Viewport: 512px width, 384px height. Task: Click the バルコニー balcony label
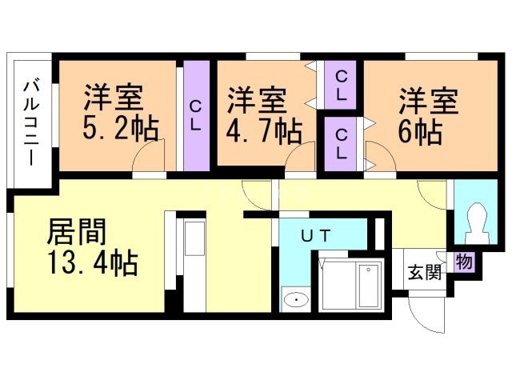click(x=32, y=123)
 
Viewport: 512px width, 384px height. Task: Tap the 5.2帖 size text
click(x=121, y=128)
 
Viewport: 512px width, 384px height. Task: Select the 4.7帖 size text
click(x=263, y=131)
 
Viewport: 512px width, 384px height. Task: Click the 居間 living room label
click(x=77, y=231)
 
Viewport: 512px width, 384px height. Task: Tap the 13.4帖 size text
click(x=93, y=263)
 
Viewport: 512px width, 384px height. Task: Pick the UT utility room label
click(x=316, y=235)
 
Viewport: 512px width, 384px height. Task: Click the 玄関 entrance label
click(x=425, y=272)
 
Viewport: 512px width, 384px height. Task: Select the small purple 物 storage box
click(x=464, y=262)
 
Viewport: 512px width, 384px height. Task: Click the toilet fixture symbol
click(x=477, y=223)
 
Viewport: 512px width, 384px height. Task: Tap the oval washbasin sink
click(x=296, y=299)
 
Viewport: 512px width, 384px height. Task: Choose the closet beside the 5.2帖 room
click(x=196, y=115)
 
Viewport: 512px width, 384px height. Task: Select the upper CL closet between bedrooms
click(x=340, y=85)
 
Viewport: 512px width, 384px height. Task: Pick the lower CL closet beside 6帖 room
click(x=340, y=144)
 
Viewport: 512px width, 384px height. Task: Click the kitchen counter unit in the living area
click(x=195, y=262)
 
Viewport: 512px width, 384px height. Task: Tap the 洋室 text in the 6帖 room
click(x=429, y=102)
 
